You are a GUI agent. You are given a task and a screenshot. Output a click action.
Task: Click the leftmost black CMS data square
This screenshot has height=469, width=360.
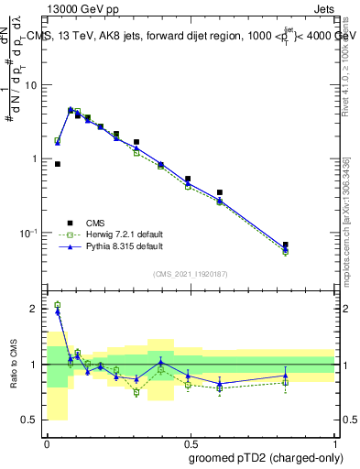coord(58,164)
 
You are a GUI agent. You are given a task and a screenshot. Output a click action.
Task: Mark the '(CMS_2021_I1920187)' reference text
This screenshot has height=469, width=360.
coord(189,274)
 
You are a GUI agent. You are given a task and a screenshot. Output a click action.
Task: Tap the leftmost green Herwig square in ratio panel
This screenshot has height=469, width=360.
coord(58,305)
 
